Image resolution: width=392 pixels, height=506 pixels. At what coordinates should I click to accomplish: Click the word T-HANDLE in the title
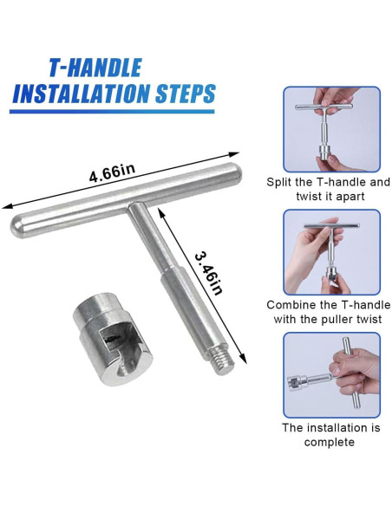95,68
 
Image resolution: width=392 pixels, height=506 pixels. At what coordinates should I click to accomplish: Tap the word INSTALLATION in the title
81,93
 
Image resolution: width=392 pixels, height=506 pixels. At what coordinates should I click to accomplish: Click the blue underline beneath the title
112,112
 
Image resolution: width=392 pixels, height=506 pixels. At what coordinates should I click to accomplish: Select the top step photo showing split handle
331,129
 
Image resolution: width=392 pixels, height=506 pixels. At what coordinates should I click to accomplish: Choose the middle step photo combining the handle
331,252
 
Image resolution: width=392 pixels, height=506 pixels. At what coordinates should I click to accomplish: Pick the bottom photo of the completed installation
331,375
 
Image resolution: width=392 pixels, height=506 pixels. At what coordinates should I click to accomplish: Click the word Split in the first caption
279,182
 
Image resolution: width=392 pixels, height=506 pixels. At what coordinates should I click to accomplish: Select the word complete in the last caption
330,442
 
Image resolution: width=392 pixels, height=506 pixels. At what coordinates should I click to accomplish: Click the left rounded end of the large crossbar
16,226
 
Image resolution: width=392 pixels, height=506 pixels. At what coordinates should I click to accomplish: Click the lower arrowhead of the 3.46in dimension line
243,359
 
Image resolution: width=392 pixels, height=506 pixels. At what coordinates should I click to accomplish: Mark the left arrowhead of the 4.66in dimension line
7,206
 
